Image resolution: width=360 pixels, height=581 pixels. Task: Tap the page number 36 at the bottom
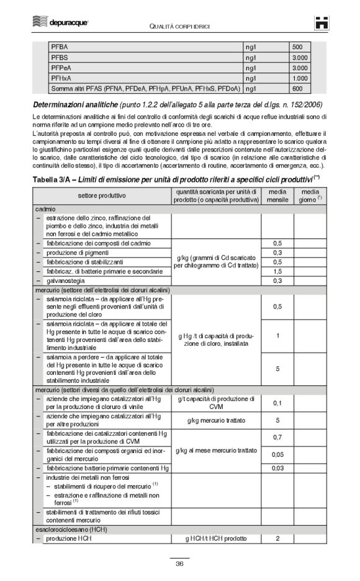click(179, 563)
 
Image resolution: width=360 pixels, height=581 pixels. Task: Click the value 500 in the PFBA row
click(297, 47)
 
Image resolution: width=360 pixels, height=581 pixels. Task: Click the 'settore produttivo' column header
click(102, 196)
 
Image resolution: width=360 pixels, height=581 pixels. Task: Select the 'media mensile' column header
click(277, 196)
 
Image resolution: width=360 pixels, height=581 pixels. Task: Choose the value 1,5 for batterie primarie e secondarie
click(277, 271)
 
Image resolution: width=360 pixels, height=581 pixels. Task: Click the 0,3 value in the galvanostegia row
click(277, 281)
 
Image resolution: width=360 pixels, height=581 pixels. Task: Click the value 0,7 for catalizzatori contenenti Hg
click(277, 437)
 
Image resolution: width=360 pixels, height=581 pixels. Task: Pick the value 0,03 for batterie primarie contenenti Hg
click(277, 467)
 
